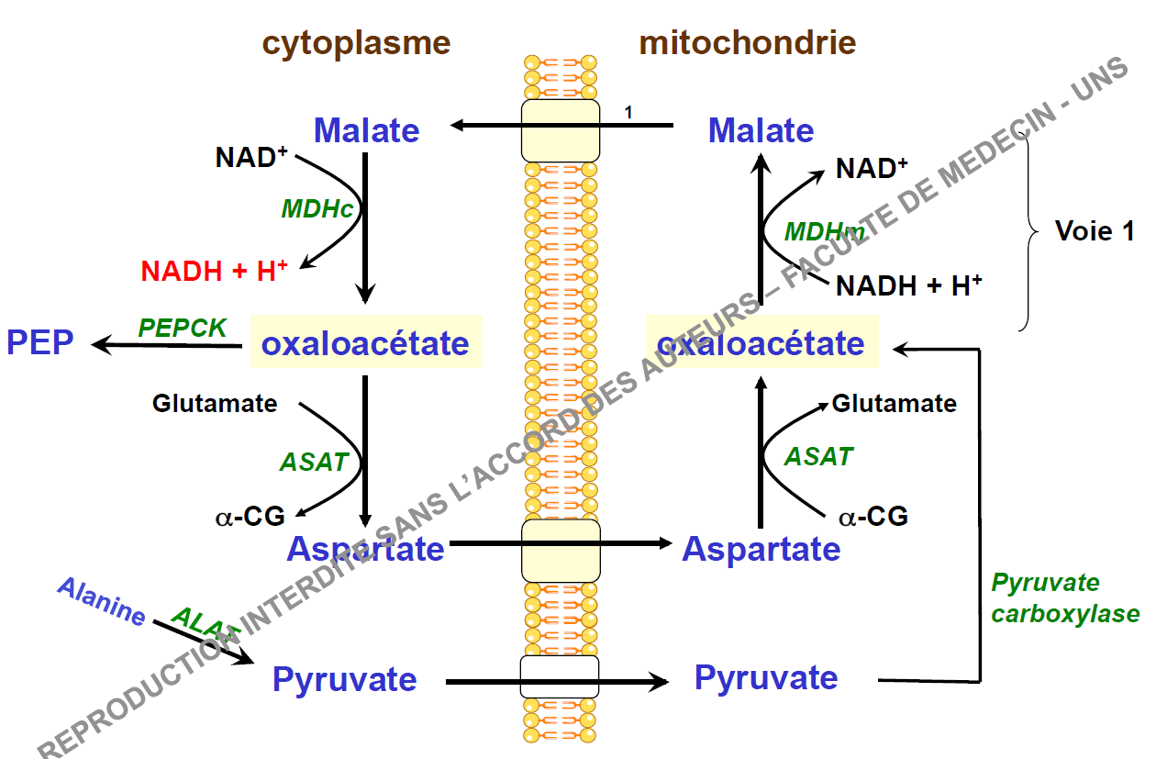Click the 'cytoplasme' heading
(x=356, y=43)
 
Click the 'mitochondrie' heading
(x=747, y=43)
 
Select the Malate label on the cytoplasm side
(x=366, y=130)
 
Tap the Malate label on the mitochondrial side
(x=761, y=130)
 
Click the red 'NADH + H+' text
(x=215, y=272)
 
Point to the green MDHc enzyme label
(x=317, y=209)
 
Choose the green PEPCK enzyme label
(x=182, y=328)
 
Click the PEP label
(x=40, y=343)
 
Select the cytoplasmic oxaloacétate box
(x=366, y=343)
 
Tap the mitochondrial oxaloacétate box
(x=761, y=343)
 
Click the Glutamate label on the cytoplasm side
(x=215, y=403)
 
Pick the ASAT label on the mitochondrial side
(x=818, y=456)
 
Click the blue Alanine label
(x=102, y=601)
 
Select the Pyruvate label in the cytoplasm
(x=344, y=680)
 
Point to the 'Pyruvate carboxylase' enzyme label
(x=1065, y=598)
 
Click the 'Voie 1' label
(x=1095, y=231)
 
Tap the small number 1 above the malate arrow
(x=628, y=113)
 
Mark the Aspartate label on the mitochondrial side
(x=761, y=549)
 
